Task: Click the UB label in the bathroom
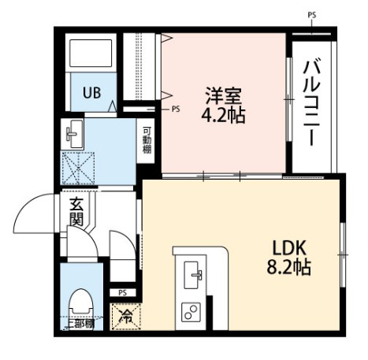(92, 92)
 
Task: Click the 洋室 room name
(223, 96)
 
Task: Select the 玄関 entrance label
(76, 213)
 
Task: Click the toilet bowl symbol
(80, 302)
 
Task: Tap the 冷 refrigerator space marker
(125, 317)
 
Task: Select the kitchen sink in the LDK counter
(193, 276)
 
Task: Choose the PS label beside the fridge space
(122, 293)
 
